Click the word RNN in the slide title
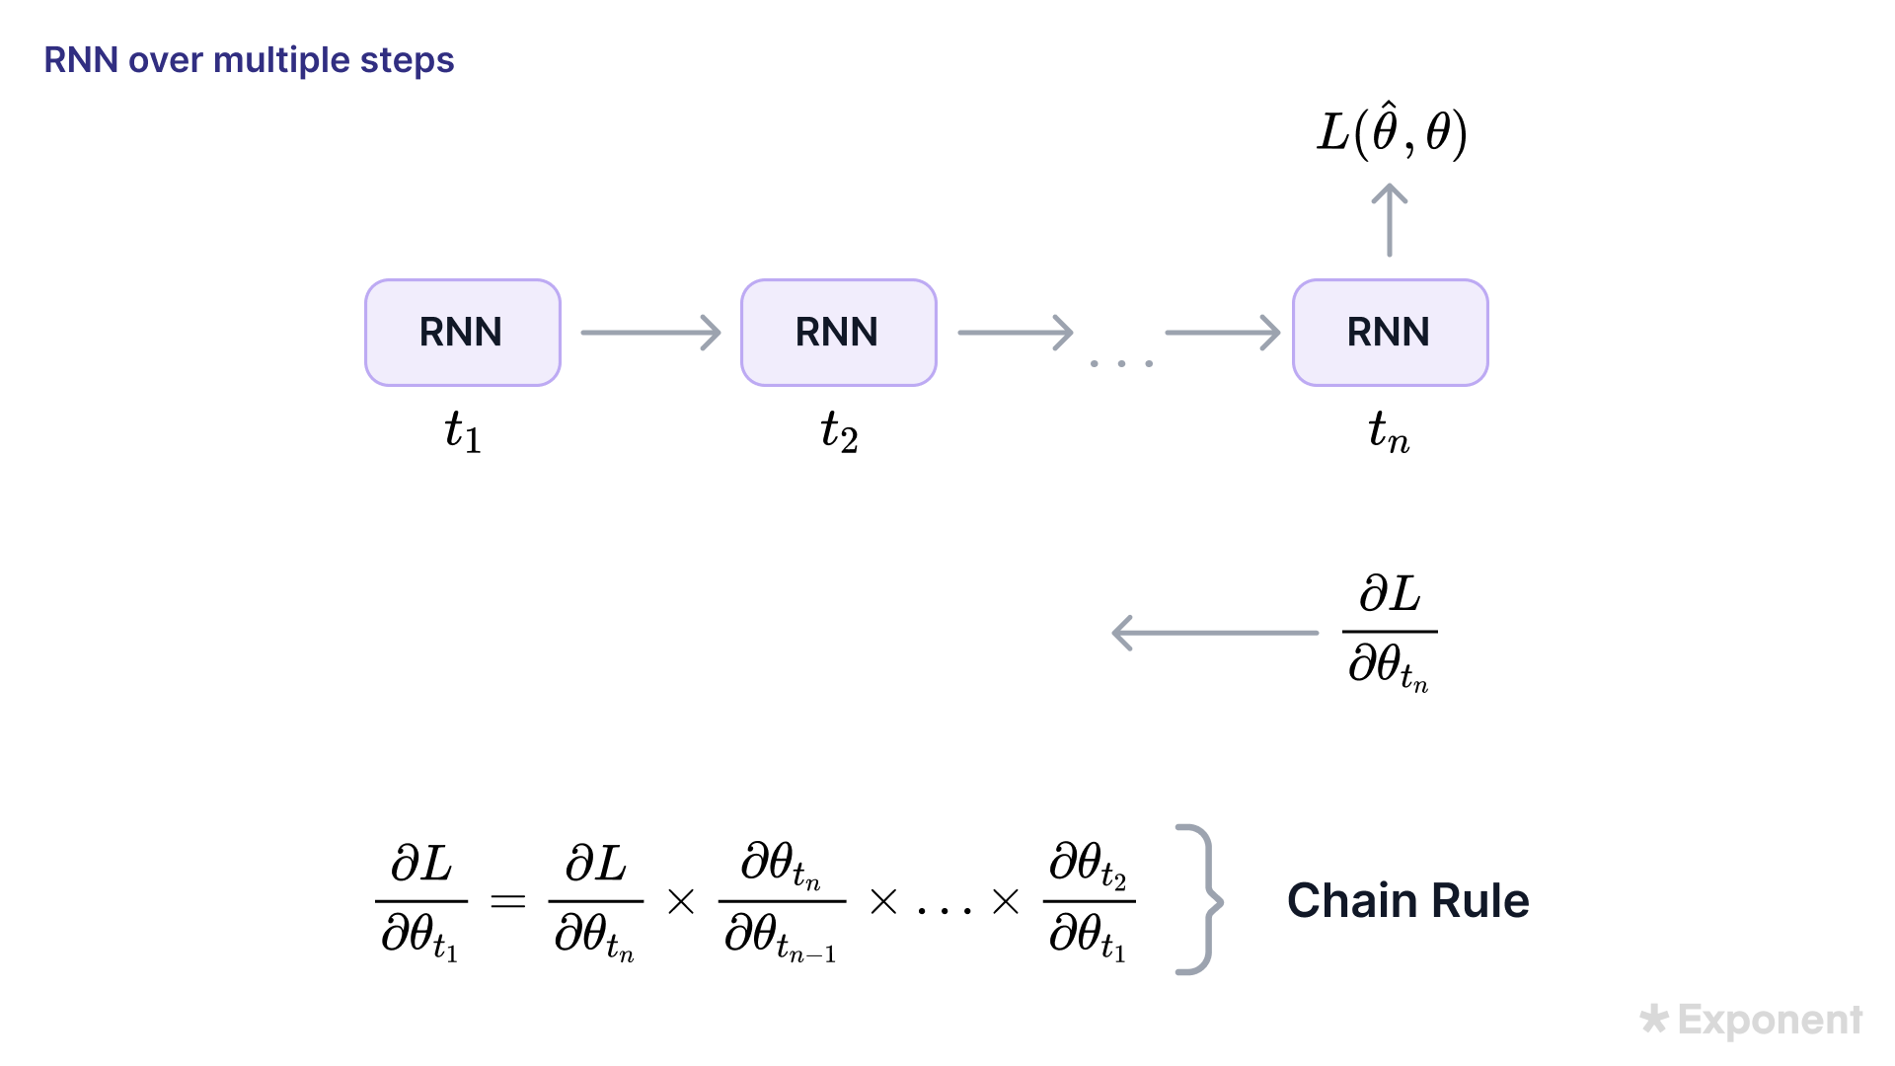[81, 60]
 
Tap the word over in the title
[166, 60]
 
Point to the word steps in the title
[407, 60]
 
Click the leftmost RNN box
[462, 333]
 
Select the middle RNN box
[838, 333]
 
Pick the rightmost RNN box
[1390, 333]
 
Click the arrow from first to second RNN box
[650, 333]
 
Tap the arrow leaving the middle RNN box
[1015, 333]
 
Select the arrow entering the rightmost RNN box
[1222, 333]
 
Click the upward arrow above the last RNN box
[1390, 222]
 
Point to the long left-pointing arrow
[1216, 633]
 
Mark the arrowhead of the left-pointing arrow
[1119, 633]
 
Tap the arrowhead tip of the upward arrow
[1390, 187]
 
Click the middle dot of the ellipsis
[1121, 364]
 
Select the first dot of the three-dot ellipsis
[1094, 364]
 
